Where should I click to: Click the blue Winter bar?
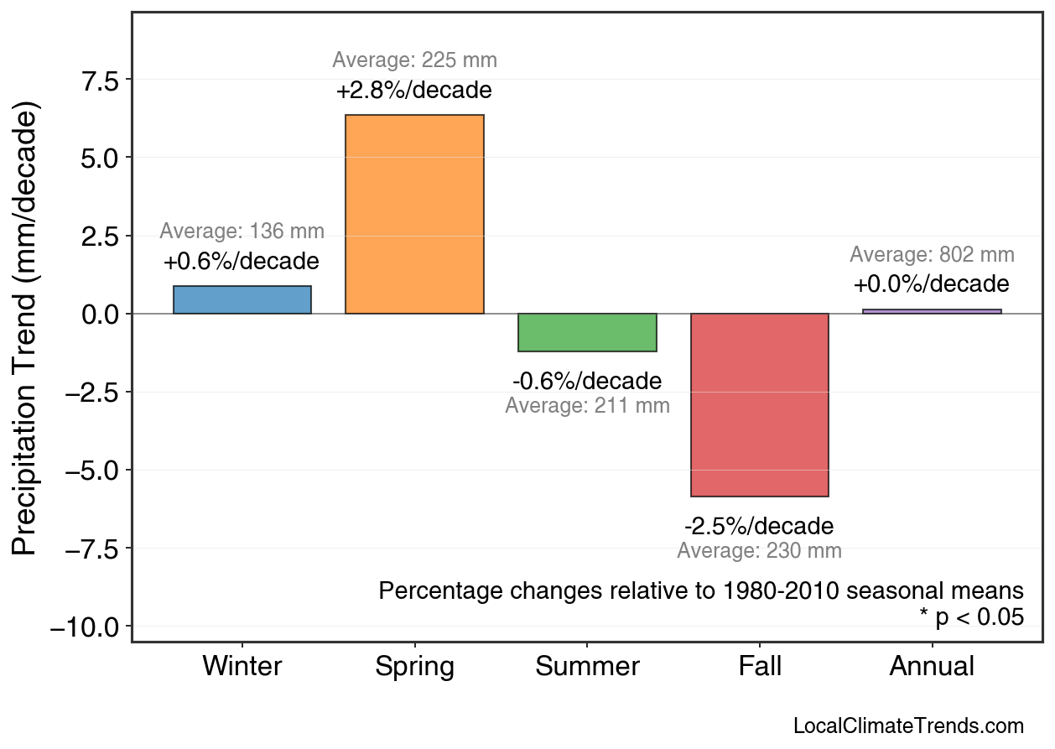(x=242, y=300)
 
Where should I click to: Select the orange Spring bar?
(x=414, y=215)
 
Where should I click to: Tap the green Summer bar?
(x=587, y=332)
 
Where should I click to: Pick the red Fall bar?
(x=759, y=405)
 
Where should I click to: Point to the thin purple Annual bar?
(x=932, y=311)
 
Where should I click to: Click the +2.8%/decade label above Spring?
(x=414, y=91)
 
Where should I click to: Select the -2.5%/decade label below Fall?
(x=759, y=527)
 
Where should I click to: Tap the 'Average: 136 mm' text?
(x=242, y=231)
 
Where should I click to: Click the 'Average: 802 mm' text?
(x=932, y=255)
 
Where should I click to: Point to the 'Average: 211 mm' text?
(x=587, y=406)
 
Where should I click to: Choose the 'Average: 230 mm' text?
(x=759, y=551)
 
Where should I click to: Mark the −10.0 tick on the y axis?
(x=86, y=627)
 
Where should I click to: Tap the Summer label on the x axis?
(x=587, y=667)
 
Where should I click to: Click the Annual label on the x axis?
(x=932, y=667)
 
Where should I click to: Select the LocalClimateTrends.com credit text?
(x=908, y=726)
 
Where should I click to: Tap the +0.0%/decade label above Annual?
(x=932, y=284)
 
